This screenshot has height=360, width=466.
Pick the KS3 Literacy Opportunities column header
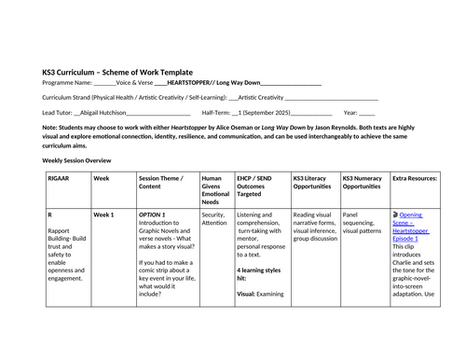point(312,181)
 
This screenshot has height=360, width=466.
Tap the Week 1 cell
point(103,215)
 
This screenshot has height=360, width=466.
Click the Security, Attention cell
point(213,218)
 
